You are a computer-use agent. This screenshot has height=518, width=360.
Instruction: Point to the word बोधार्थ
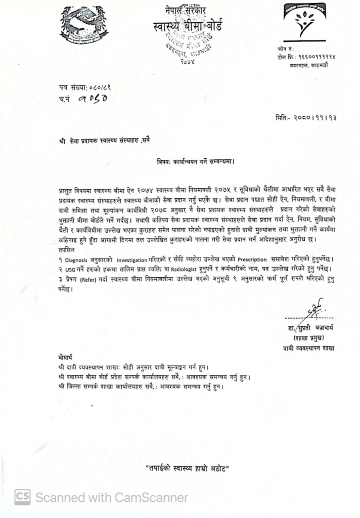(x=66, y=357)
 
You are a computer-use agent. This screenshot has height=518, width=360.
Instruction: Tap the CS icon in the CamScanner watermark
(x=22, y=497)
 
